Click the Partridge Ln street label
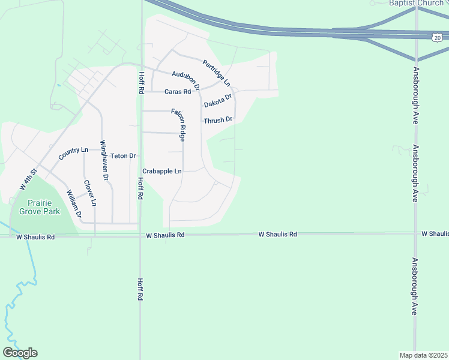(x=216, y=73)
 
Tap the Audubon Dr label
(x=185, y=82)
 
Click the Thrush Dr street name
(x=218, y=120)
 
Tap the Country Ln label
(x=73, y=153)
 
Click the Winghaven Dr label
(x=104, y=160)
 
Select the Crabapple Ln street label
(x=161, y=171)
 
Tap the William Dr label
(x=74, y=204)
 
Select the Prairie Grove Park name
(x=39, y=207)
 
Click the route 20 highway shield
(x=438, y=37)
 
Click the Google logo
(x=20, y=353)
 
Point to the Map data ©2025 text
(x=423, y=355)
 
